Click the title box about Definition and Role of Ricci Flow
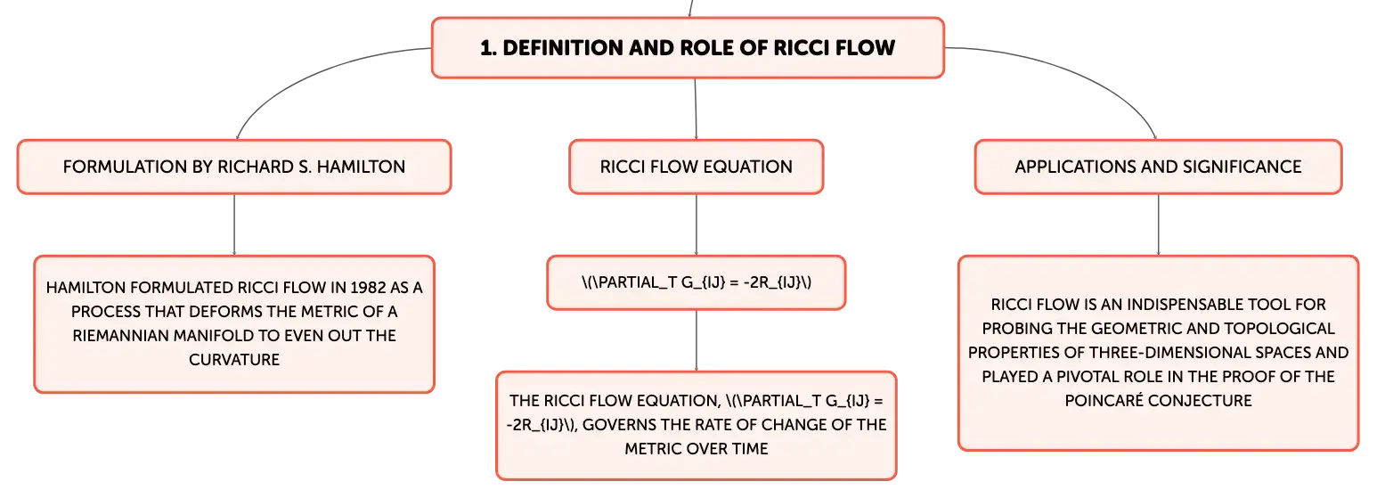click(x=688, y=48)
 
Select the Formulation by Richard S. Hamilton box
click(x=234, y=167)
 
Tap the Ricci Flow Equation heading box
click(x=697, y=167)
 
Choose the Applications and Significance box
click(x=1159, y=167)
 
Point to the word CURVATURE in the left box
click(x=234, y=360)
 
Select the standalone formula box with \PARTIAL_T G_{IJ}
click(x=697, y=282)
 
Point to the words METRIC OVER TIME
click(x=697, y=449)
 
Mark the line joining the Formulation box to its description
click(x=234, y=225)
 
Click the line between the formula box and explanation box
click(x=697, y=340)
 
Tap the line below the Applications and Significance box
click(x=1159, y=225)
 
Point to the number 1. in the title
click(x=488, y=48)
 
